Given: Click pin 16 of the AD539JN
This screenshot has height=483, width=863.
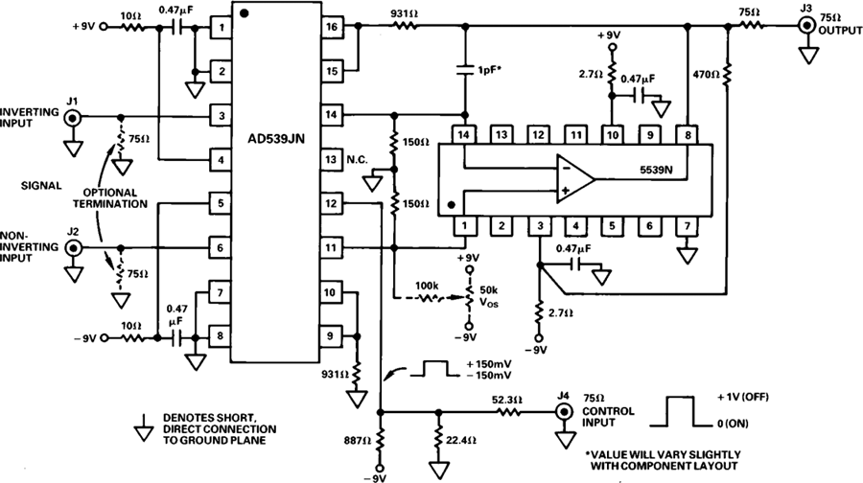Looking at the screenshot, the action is pos(332,27).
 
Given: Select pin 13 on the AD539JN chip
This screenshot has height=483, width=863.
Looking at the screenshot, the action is pos(331,159).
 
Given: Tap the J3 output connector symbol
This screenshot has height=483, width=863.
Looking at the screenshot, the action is pos(806,25).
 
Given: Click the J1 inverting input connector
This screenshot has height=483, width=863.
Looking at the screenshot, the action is pos(73,117).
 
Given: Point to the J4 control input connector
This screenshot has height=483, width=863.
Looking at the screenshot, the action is pos(564,411).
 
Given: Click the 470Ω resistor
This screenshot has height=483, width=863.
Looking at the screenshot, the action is pos(728,75).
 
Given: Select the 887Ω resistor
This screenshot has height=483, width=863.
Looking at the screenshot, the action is pos(380,439).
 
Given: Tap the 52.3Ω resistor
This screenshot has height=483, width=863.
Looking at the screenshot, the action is pos(506,411).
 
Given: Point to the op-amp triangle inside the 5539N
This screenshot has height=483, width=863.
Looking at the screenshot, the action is pos(575,178).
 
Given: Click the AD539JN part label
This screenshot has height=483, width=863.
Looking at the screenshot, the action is pos(276,139).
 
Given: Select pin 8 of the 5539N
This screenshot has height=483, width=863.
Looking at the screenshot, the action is pos(688,135).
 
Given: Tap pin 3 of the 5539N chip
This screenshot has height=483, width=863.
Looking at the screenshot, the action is pos(540,225).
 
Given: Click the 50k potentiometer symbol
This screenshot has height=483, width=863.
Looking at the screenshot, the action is pos(470,298).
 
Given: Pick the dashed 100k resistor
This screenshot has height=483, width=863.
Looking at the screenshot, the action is pos(430,298).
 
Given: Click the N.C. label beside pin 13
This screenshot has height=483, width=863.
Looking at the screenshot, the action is pos(357,159).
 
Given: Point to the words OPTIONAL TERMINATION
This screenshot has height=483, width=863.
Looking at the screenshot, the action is pos(110,198).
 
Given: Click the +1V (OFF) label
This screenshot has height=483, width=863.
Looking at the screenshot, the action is pos(742,397).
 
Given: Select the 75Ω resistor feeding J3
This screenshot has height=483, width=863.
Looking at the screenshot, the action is pos(750,25).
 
